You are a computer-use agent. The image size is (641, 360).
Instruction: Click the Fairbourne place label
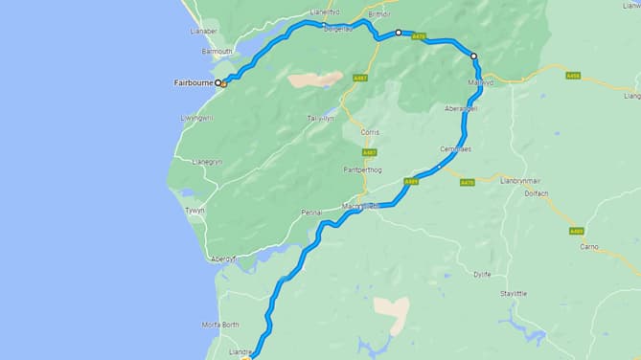pyautogui.click(x=192, y=82)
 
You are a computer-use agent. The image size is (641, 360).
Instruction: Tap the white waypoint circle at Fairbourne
pyautogui.click(x=217, y=82)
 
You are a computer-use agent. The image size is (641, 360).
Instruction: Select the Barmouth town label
pyautogui.click(x=217, y=52)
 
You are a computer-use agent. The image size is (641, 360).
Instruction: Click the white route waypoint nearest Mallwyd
pyautogui.click(x=473, y=56)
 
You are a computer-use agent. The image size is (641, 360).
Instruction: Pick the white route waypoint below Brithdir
pyautogui.click(x=398, y=33)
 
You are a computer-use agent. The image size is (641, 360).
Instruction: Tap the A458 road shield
pyautogui.click(x=573, y=75)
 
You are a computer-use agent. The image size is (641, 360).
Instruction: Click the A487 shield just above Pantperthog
pyautogui.click(x=369, y=152)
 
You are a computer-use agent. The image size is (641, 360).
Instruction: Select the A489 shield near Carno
pyautogui.click(x=575, y=231)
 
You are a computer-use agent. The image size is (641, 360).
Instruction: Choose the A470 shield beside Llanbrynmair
pyautogui.click(x=467, y=183)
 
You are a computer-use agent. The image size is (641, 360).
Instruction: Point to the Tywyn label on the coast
pyautogui.click(x=195, y=210)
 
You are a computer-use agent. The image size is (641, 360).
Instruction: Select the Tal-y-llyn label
pyautogui.click(x=319, y=118)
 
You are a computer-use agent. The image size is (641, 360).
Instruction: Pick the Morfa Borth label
pyautogui.click(x=219, y=324)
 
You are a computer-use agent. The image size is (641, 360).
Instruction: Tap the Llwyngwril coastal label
pyautogui.click(x=196, y=118)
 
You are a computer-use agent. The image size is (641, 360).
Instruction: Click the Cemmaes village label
pyautogui.click(x=455, y=148)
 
